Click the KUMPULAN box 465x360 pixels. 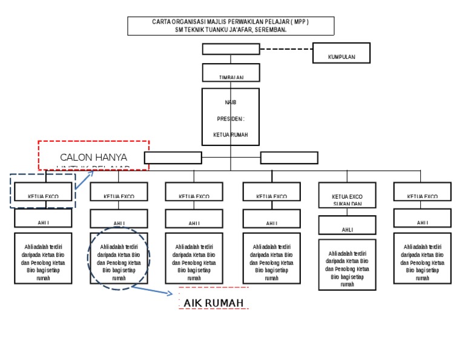(341, 53)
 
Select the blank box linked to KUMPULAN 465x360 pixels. (231, 49)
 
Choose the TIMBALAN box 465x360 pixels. (231, 73)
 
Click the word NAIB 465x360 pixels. (231, 102)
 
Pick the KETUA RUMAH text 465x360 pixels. (231, 135)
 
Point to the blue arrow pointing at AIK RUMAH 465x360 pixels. (154, 291)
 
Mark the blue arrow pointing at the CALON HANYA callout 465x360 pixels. (85, 180)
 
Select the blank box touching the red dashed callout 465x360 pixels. (173, 158)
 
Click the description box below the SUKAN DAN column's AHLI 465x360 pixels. (347, 265)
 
